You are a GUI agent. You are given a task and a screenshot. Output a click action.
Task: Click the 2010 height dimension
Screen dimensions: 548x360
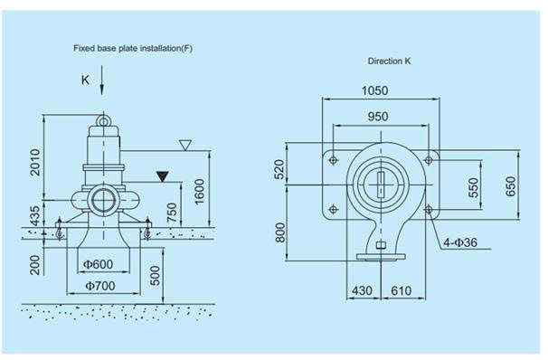pyautogui.click(x=35, y=162)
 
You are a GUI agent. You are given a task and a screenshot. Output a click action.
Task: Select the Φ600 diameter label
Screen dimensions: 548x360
pyautogui.click(x=99, y=264)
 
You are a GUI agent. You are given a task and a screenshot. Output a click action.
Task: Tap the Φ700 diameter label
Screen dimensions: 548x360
pyautogui.click(x=100, y=286)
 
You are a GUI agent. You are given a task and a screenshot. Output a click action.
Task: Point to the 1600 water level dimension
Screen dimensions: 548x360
pyautogui.click(x=199, y=192)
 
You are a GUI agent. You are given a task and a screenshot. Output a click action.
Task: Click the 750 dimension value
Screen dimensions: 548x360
pyautogui.click(x=172, y=213)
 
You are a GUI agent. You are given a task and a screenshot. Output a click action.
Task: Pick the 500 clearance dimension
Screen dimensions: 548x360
pyautogui.click(x=155, y=276)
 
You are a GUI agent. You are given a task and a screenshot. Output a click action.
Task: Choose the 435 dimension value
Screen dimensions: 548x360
pyautogui.click(x=34, y=216)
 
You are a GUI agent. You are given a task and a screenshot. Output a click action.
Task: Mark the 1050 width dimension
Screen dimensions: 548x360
pyautogui.click(x=374, y=90)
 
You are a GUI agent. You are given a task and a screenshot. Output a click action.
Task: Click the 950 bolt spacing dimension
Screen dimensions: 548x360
pyautogui.click(x=378, y=117)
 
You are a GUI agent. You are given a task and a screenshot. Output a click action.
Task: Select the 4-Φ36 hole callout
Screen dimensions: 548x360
pyautogui.click(x=460, y=242)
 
